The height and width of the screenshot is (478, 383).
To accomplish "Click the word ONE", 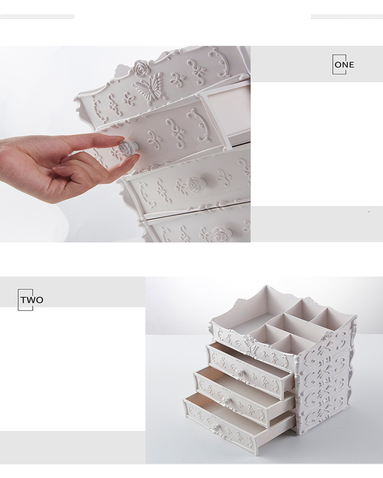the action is (x=344, y=65).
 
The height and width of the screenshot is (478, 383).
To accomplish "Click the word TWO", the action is (x=32, y=300).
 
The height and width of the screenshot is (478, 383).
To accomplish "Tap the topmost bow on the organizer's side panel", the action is (x=323, y=349).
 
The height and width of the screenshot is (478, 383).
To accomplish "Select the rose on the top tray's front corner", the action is (x=327, y=336).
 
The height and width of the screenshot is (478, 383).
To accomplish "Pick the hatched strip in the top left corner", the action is (x=37, y=16).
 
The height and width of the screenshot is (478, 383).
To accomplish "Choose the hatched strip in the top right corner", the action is (x=347, y=16).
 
